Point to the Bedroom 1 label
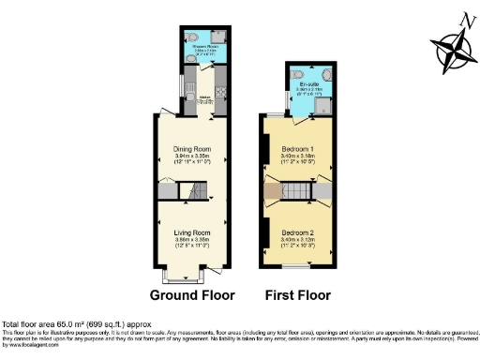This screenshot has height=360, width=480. point(298,148)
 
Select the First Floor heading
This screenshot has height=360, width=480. point(297,295)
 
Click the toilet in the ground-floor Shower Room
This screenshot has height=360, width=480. point(190,59)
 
